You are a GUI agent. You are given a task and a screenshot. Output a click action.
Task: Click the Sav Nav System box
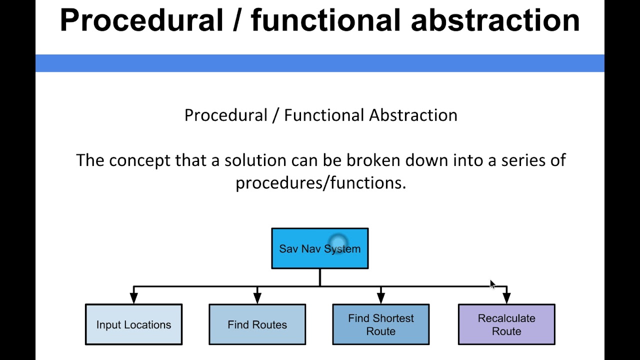click(x=319, y=248)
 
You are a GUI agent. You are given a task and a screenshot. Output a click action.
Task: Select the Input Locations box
click(x=133, y=324)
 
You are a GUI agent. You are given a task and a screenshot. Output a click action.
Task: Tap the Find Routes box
click(x=257, y=324)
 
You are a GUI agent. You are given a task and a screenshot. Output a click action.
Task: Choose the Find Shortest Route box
click(x=380, y=324)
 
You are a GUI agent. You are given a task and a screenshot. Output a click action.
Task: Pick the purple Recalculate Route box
click(x=506, y=324)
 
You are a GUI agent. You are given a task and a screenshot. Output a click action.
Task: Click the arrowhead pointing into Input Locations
click(x=133, y=298)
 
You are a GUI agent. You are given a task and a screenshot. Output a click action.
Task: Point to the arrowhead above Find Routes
click(x=257, y=298)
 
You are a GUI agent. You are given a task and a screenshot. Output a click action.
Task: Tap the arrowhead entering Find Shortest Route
click(x=380, y=298)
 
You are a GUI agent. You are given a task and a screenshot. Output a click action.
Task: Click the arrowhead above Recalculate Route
click(x=506, y=298)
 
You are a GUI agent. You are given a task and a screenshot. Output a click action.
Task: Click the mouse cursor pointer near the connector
click(x=492, y=284)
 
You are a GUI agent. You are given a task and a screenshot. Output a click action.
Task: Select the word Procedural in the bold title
click(x=141, y=21)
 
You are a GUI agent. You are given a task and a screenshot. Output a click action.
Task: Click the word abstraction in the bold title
click(x=495, y=21)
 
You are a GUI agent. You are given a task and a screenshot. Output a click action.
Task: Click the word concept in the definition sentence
click(x=140, y=160)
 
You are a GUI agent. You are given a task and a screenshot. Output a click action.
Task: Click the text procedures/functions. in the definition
click(x=320, y=183)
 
